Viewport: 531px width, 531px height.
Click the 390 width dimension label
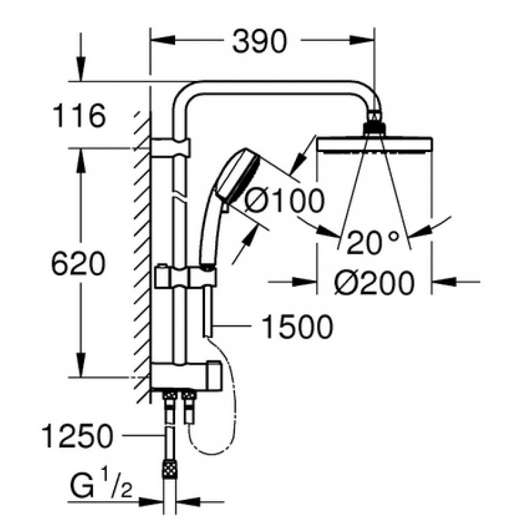coord(260,40)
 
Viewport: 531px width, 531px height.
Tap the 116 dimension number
coord(79,115)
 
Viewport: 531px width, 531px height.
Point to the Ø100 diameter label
coord(285,201)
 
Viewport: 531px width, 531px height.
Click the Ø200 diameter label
coord(374,283)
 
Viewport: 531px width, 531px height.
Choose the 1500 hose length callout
coord(297,327)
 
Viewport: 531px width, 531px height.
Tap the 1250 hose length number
coord(77,436)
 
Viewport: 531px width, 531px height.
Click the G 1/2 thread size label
coord(101,487)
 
